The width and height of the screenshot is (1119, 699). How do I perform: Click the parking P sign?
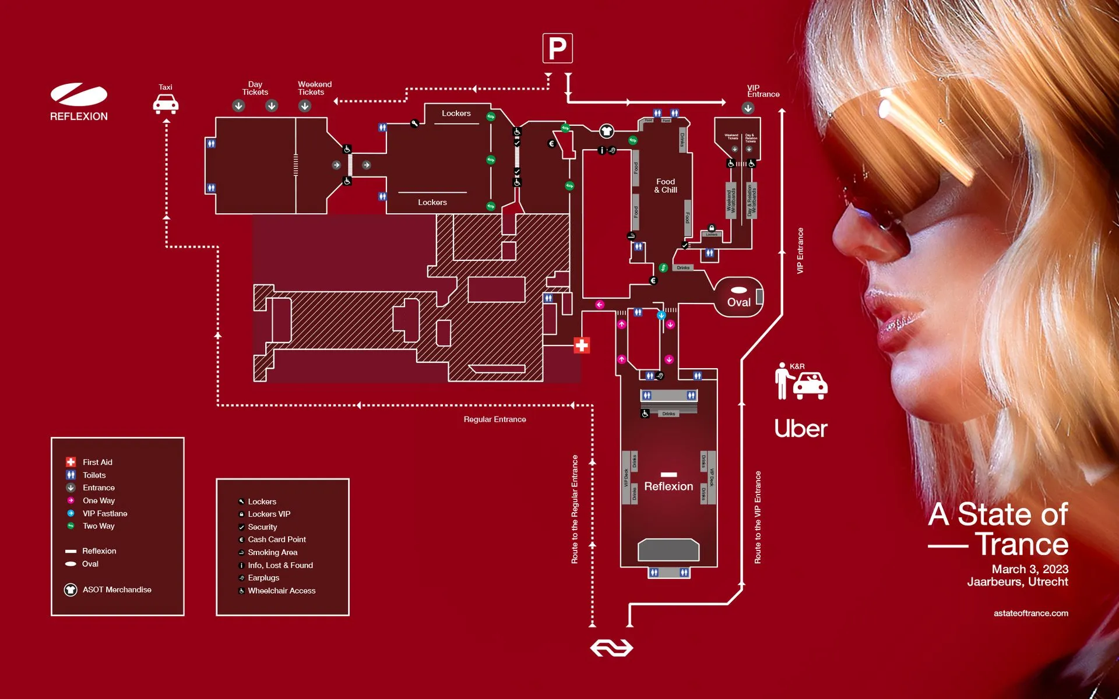(x=557, y=48)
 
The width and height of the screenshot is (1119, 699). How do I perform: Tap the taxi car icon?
(x=166, y=104)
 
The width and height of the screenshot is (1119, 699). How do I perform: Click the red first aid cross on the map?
(x=581, y=345)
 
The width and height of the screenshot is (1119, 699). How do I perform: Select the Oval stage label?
(x=738, y=302)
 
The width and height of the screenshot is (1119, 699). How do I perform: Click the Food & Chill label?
(x=666, y=186)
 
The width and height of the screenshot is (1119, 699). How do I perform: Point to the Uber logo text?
(x=801, y=429)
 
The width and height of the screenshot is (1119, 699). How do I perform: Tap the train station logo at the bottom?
(x=611, y=648)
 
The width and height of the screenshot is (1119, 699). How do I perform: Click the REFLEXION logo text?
(x=79, y=116)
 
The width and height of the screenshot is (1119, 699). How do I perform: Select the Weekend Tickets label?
(x=314, y=88)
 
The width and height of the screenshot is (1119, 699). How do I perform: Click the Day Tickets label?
(x=255, y=88)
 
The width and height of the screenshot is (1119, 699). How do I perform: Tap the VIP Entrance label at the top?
(x=763, y=91)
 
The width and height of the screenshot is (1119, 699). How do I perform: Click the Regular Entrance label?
(x=495, y=419)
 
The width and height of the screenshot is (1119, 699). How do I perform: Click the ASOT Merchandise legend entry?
(x=117, y=589)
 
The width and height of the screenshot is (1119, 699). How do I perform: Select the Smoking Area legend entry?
(x=272, y=552)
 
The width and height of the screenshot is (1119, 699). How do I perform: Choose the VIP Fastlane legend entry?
(x=104, y=513)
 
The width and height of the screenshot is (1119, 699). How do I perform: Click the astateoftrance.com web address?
(x=1030, y=613)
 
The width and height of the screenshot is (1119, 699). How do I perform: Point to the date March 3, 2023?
(x=1030, y=569)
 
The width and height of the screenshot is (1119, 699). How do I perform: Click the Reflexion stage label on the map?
(x=668, y=486)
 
